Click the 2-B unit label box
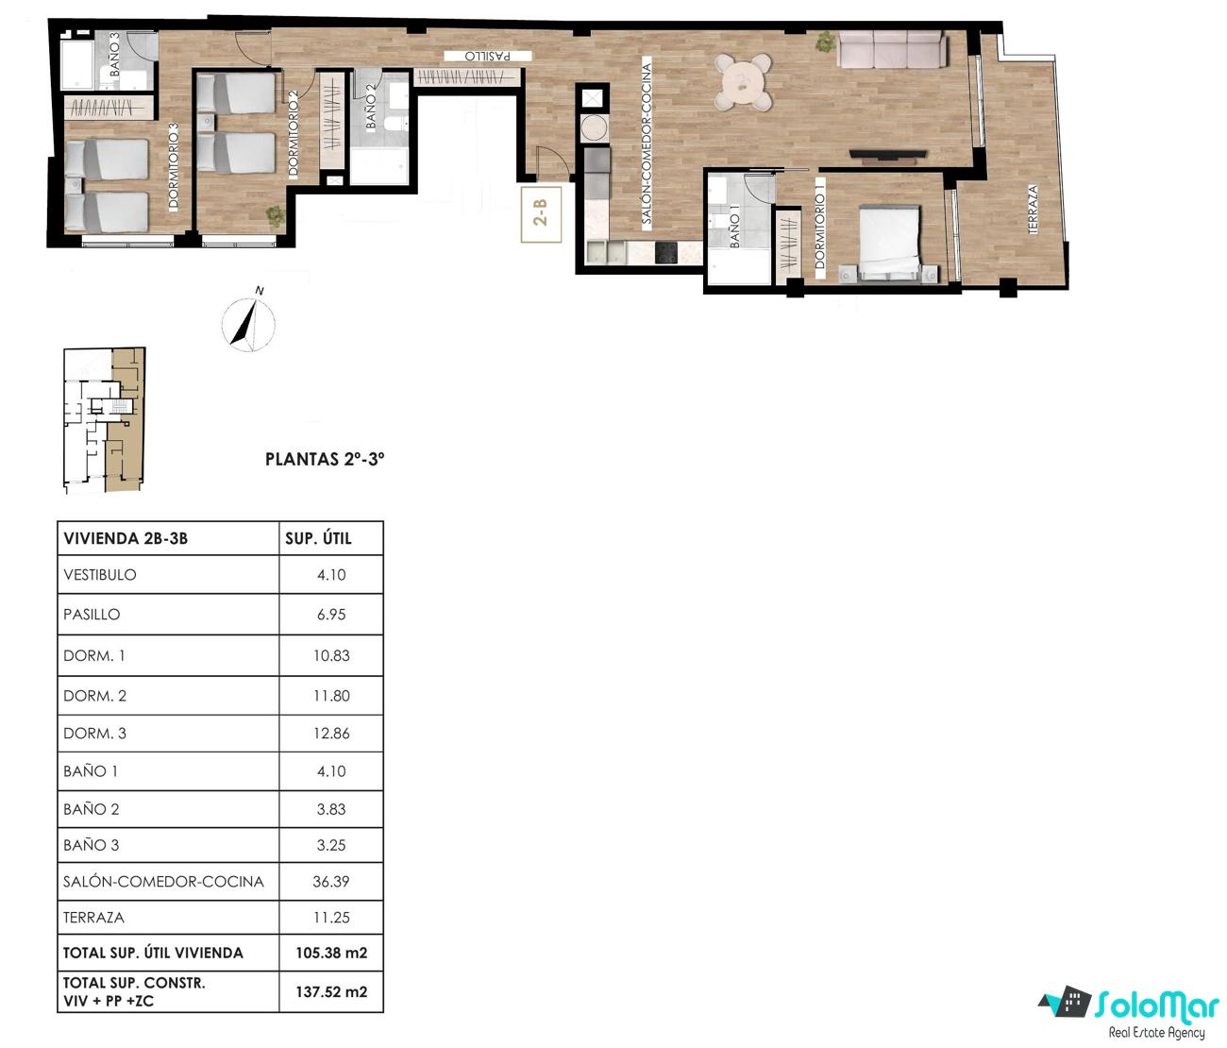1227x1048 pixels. (541, 213)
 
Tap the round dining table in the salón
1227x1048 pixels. (743, 82)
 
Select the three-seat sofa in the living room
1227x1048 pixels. (891, 49)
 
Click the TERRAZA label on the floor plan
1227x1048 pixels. (1033, 209)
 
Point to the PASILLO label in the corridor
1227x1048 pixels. (487, 56)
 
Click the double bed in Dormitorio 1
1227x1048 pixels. (889, 244)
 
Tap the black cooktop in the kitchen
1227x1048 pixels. (665, 252)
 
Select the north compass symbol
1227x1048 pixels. (249, 321)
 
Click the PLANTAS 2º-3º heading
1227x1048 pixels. (325, 459)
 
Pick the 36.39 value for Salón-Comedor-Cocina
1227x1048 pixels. (330, 881)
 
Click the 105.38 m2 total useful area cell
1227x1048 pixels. (331, 953)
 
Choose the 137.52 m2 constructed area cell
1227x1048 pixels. (331, 991)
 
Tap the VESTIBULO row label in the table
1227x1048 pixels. (100, 574)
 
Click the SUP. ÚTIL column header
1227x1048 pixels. (318, 538)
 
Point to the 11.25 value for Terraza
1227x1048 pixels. (331, 918)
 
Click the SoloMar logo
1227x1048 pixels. (1128, 1010)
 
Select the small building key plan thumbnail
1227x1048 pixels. (105, 420)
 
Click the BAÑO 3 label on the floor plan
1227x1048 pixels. (114, 54)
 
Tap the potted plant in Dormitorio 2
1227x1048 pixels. (275, 215)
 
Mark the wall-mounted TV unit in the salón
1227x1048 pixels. (888, 155)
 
